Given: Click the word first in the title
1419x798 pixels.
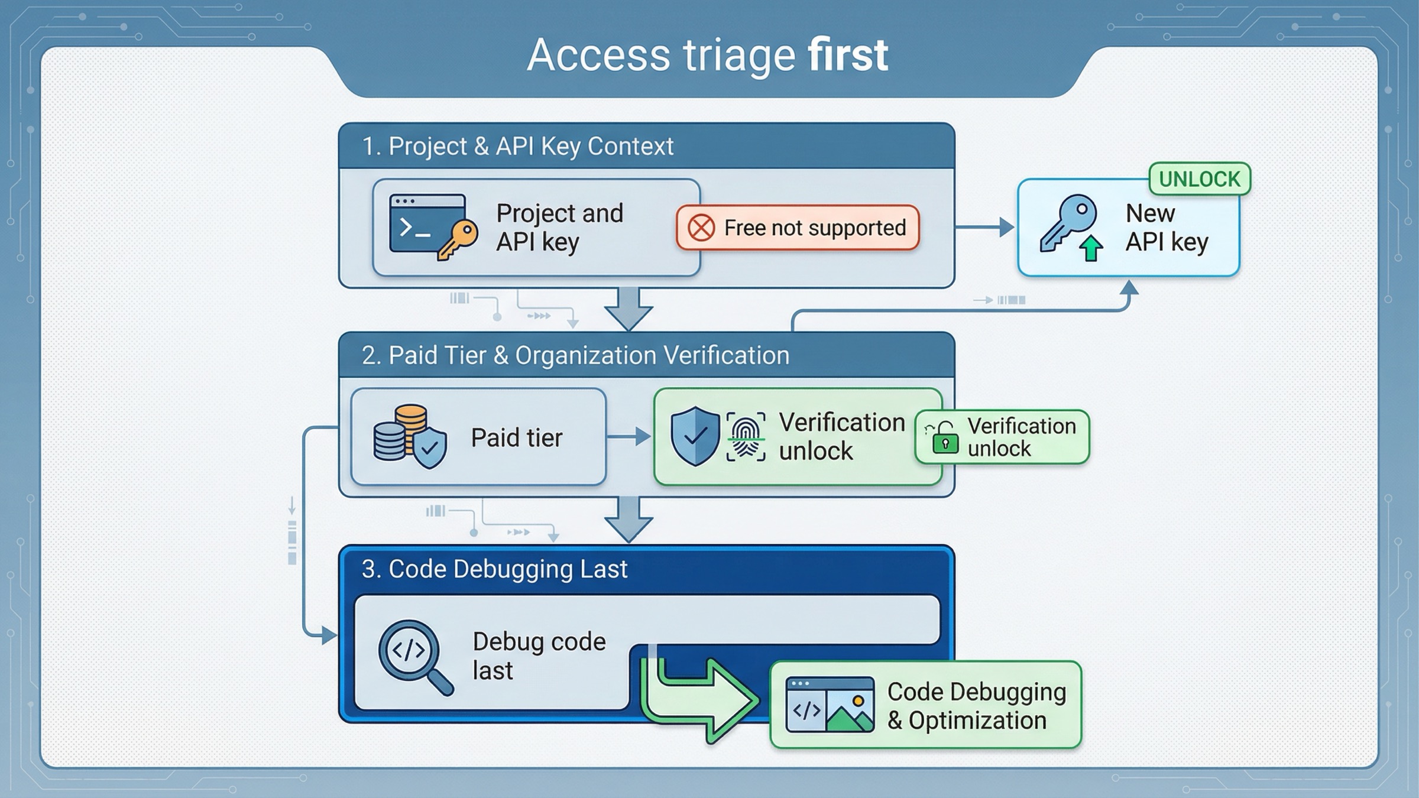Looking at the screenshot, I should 848,55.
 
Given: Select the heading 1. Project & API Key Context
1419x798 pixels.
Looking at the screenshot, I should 517,146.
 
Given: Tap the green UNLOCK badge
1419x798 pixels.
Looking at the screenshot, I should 1199,179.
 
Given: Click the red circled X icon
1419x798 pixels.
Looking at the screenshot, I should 701,228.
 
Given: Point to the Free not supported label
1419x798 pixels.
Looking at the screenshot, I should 814,228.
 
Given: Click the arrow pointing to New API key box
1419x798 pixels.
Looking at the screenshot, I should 985,227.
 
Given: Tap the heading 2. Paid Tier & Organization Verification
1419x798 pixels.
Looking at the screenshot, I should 575,355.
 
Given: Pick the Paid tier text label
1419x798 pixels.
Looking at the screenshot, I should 516,438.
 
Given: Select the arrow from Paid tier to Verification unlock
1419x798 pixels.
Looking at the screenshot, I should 628,437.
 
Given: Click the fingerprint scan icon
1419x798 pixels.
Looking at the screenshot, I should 746,437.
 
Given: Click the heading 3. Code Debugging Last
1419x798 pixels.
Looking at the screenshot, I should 494,569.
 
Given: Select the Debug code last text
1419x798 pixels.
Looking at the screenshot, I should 539,656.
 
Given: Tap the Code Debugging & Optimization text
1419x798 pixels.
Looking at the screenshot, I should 976,706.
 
